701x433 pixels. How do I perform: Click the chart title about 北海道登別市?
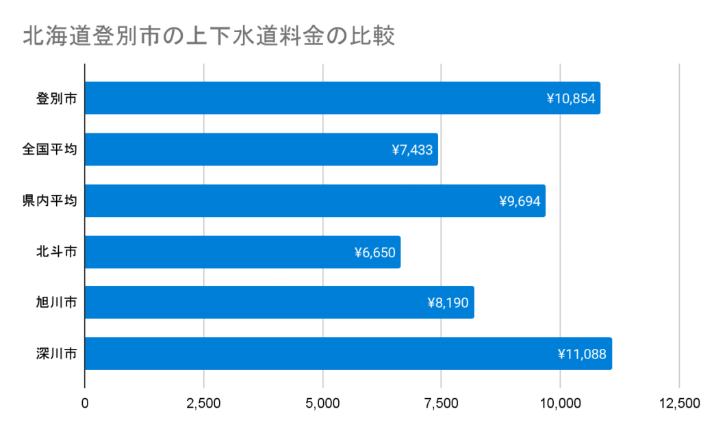tap(209, 36)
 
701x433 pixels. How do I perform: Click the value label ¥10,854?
tap(572, 99)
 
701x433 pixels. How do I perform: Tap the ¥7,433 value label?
tap(412, 150)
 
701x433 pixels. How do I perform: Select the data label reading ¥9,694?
tap(520, 201)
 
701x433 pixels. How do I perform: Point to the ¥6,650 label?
tap(374, 252)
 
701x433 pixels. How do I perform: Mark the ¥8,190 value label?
tap(448, 302)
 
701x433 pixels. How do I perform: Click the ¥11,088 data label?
tap(583, 354)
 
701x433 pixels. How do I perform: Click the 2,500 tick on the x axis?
tap(203, 403)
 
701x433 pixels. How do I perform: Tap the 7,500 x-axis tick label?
tap(442, 403)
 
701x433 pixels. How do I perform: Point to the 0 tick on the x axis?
tap(85, 403)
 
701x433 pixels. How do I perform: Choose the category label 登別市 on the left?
tap(56, 99)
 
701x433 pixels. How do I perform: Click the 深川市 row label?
tap(56, 354)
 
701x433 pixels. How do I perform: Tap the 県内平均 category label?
tap(49, 201)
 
